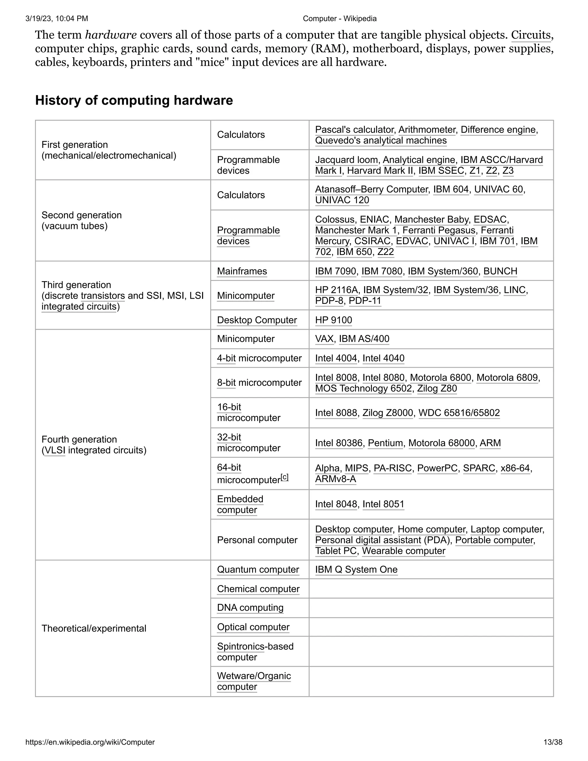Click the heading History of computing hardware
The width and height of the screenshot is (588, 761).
[x=134, y=100]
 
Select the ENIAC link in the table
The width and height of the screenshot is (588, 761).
[x=374, y=219]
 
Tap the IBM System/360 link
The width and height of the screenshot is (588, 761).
[x=443, y=271]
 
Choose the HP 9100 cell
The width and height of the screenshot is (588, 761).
[x=333, y=320]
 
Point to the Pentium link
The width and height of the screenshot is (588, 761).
[x=386, y=443]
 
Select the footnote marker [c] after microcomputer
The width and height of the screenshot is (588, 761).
[x=285, y=477]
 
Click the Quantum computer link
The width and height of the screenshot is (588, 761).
[x=258, y=569]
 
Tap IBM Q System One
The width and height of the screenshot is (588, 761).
[x=356, y=569]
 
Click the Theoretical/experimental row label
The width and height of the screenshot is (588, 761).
[x=94, y=628]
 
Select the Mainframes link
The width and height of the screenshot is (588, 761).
[x=242, y=271]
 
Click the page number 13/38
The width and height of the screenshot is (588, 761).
[x=552, y=742]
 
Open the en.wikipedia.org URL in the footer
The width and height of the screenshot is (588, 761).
[x=90, y=742]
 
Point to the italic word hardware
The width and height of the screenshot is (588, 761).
[x=111, y=35]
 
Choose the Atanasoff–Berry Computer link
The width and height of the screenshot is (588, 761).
[x=371, y=189]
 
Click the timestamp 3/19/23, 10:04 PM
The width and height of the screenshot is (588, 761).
[x=57, y=18]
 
